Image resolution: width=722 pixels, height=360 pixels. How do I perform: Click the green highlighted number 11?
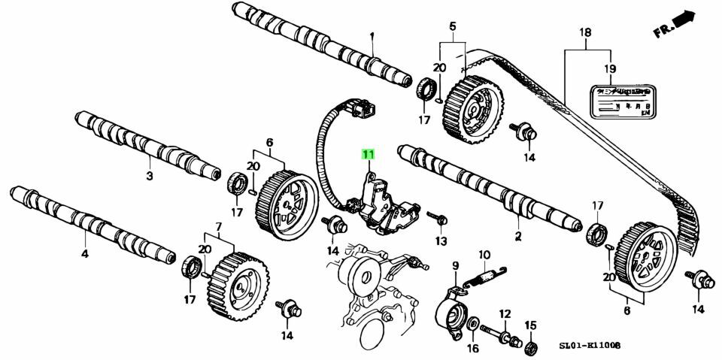tap(369, 156)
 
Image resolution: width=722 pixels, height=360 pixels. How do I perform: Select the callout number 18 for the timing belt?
tap(586, 32)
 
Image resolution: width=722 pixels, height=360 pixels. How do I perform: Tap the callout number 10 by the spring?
tap(484, 255)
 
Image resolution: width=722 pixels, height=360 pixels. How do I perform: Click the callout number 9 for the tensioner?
tap(455, 265)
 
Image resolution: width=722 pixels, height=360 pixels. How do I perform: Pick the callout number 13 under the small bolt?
tap(440, 241)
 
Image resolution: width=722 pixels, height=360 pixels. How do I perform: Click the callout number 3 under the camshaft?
tap(149, 177)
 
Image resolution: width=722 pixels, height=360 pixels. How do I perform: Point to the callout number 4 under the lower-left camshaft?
tap(85, 254)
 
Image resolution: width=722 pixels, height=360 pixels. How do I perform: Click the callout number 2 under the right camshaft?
tap(517, 237)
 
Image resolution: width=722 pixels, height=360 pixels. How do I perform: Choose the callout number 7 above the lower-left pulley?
tap(219, 226)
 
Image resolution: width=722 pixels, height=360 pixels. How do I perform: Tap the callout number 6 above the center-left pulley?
tap(269, 142)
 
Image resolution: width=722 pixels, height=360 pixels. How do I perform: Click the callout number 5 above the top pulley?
tap(453, 27)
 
